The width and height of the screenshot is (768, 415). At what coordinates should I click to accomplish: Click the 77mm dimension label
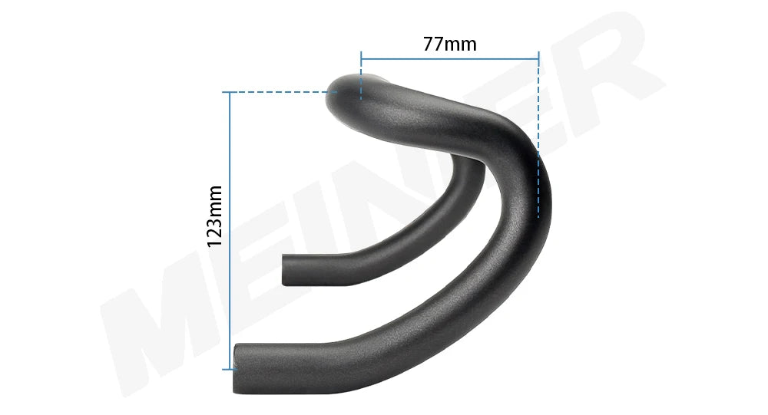(x=449, y=44)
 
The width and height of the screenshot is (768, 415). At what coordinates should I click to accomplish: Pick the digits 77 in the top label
(x=434, y=44)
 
